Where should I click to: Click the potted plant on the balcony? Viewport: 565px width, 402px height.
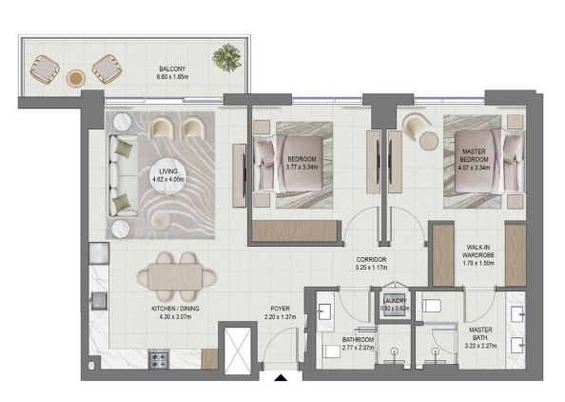[227, 58]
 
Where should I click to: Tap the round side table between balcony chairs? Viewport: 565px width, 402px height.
[76, 78]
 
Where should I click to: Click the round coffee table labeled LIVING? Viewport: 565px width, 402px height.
[168, 175]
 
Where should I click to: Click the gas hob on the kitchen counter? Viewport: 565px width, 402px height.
[159, 359]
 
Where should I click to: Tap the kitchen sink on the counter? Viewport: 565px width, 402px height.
[99, 301]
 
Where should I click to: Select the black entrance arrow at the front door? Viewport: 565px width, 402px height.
[281, 378]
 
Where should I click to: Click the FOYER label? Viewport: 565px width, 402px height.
[280, 309]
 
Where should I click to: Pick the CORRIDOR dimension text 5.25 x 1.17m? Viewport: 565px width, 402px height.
[371, 268]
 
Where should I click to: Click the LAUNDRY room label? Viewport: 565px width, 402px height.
[395, 300]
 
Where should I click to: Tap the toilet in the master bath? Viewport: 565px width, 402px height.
[431, 306]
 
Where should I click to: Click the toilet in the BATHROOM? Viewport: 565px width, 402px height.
[331, 352]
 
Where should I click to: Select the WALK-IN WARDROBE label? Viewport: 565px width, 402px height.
[478, 251]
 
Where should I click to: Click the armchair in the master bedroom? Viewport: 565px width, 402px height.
[416, 125]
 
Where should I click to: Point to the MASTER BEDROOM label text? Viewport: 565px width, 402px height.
[474, 155]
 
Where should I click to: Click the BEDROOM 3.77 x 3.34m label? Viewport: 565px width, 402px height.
[302, 163]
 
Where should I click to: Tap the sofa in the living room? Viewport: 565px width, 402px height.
[123, 175]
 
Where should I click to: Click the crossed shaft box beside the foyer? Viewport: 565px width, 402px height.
[238, 351]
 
